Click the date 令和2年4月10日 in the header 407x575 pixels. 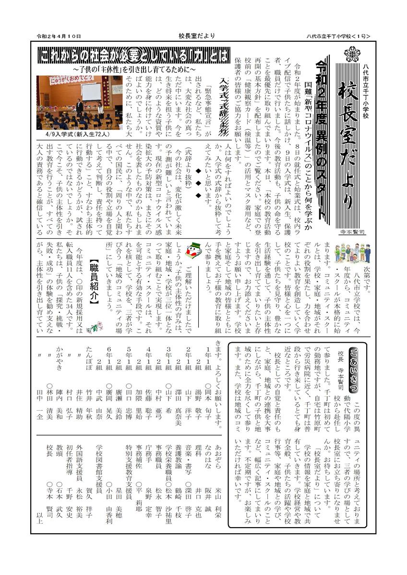59,36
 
